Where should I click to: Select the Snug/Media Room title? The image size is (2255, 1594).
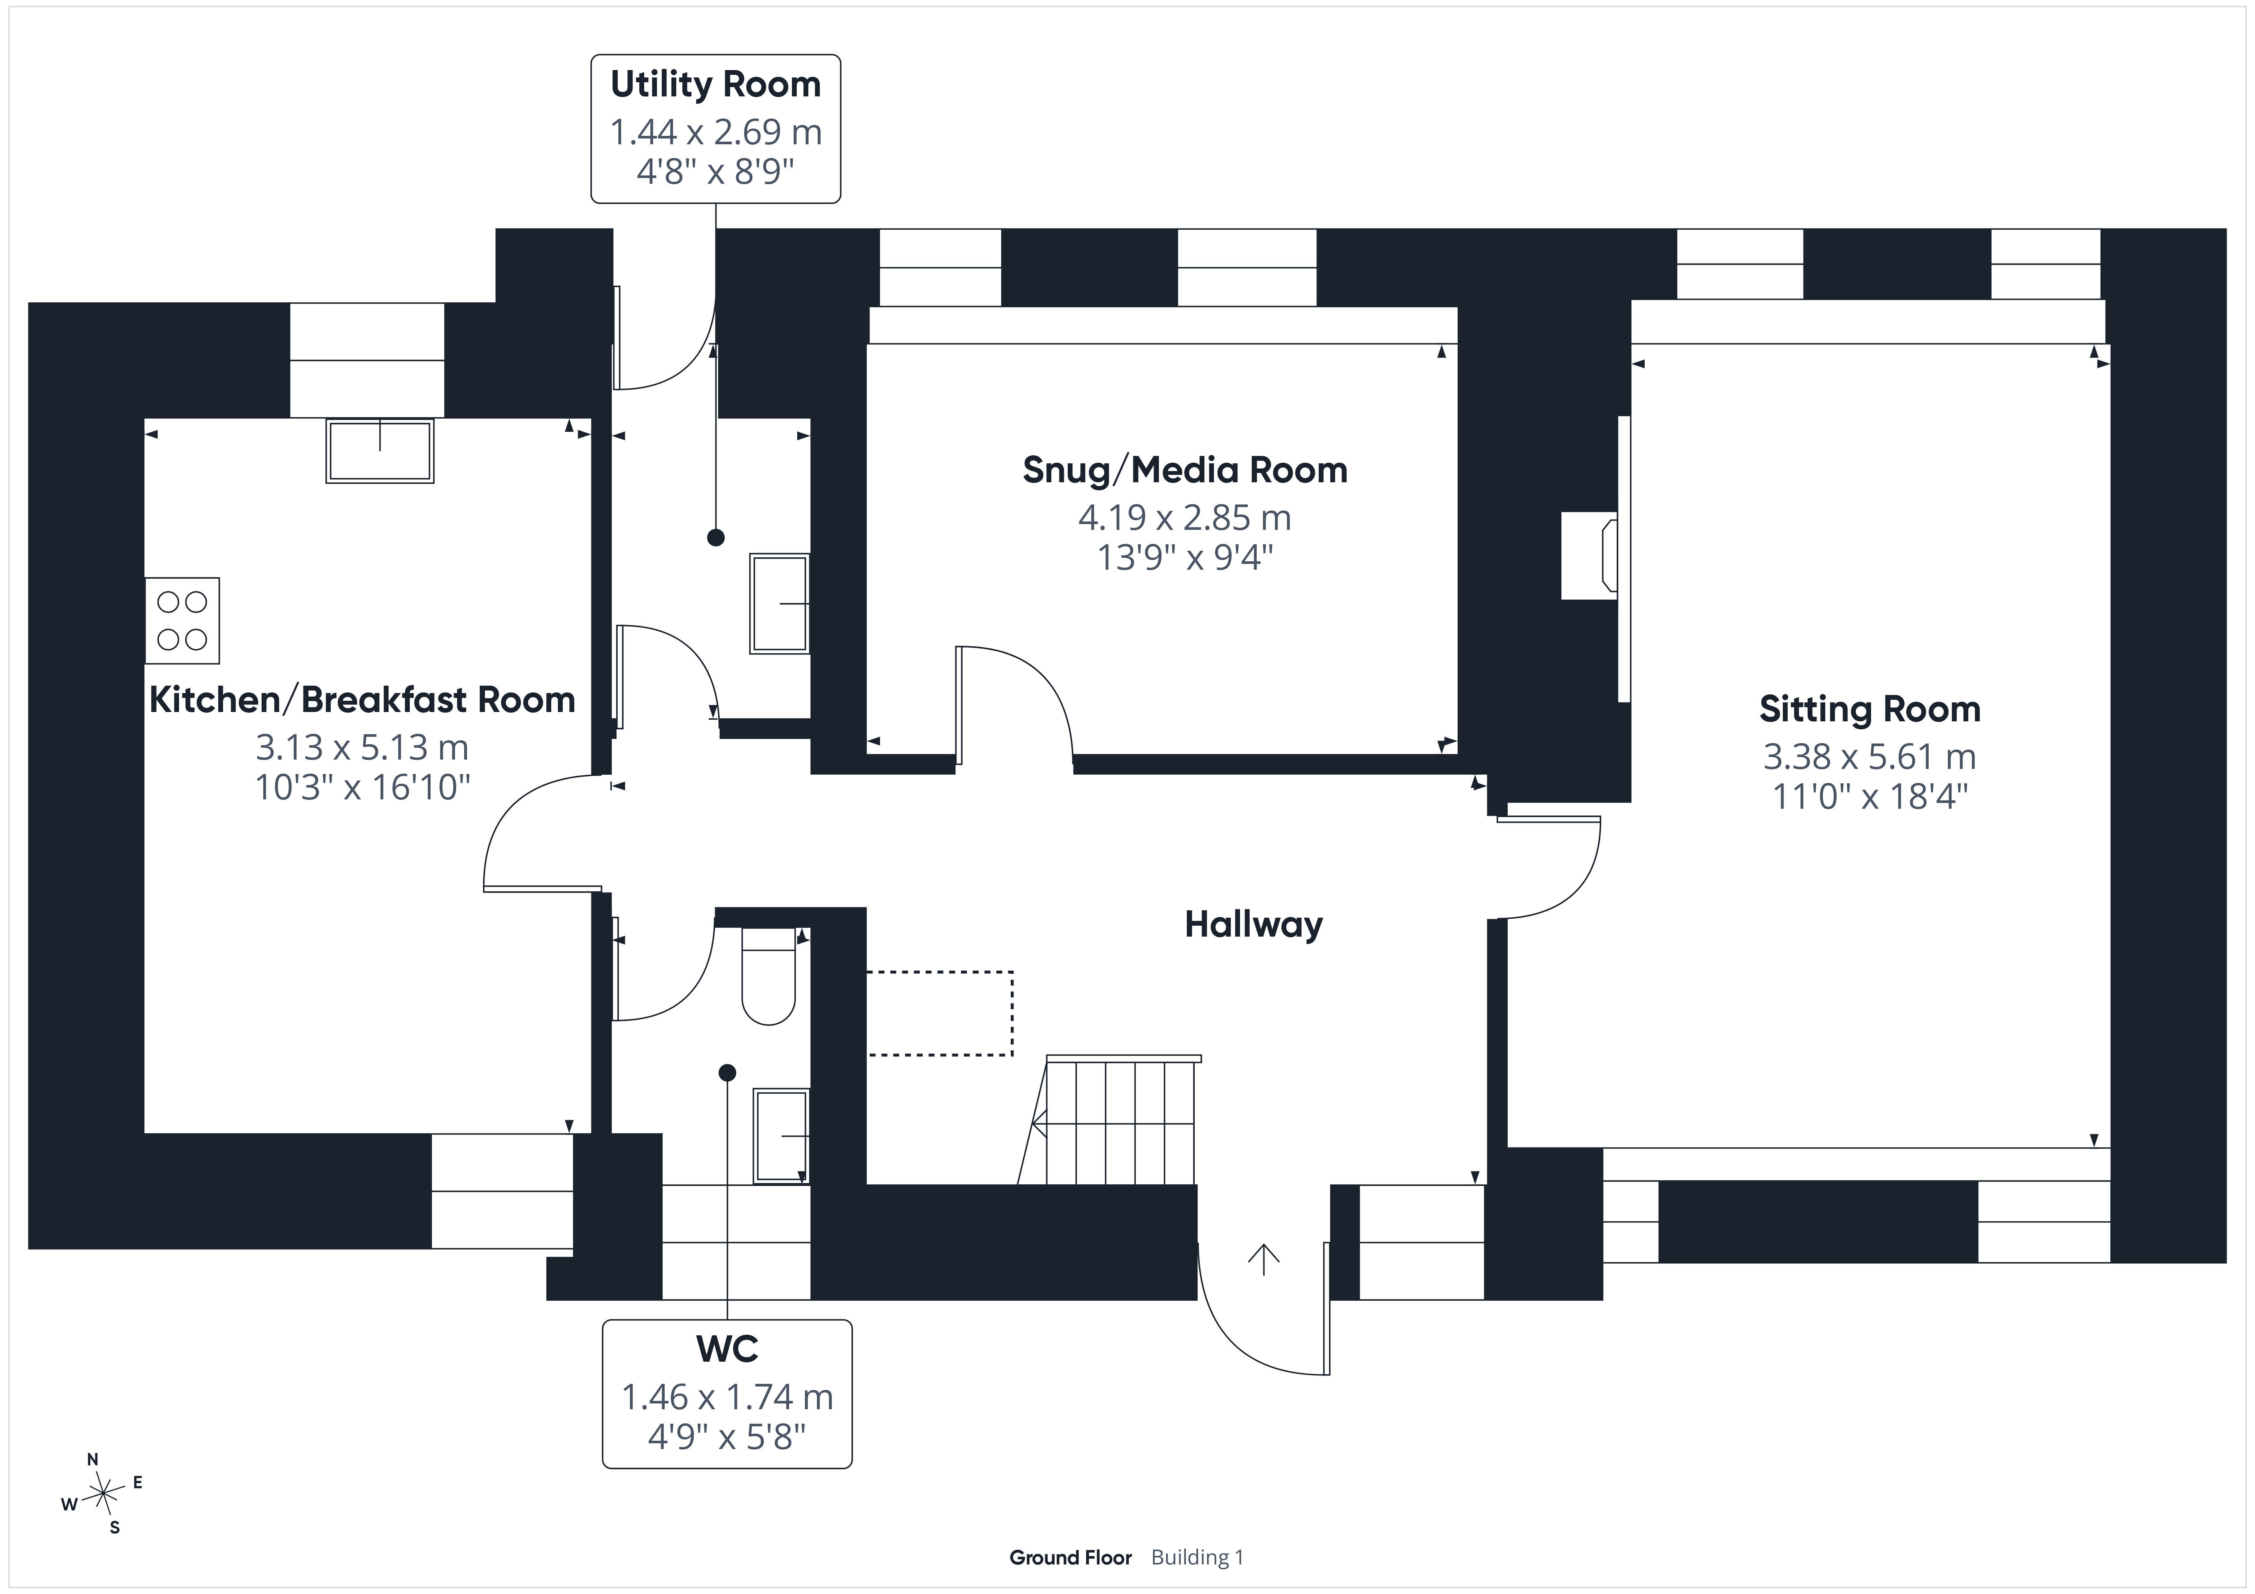[x=1184, y=470]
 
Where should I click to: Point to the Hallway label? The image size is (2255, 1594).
[x=1253, y=924]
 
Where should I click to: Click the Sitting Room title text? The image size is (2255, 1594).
[x=1869, y=709]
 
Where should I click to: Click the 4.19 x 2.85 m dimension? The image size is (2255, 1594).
[x=1184, y=518]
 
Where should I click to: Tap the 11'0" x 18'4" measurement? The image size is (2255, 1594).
[x=1869, y=796]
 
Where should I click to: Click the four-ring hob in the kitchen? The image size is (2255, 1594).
[x=183, y=621]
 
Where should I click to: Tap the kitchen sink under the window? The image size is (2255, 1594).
[x=380, y=451]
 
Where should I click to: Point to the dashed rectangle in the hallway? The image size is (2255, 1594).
[x=940, y=1013]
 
